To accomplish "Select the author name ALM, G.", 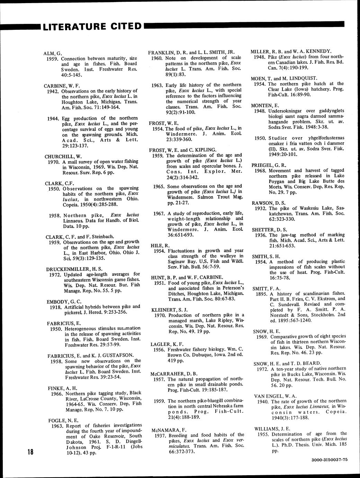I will [53, 53].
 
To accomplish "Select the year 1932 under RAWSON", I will [261, 208].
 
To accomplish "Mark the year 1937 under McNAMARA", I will [162, 435].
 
